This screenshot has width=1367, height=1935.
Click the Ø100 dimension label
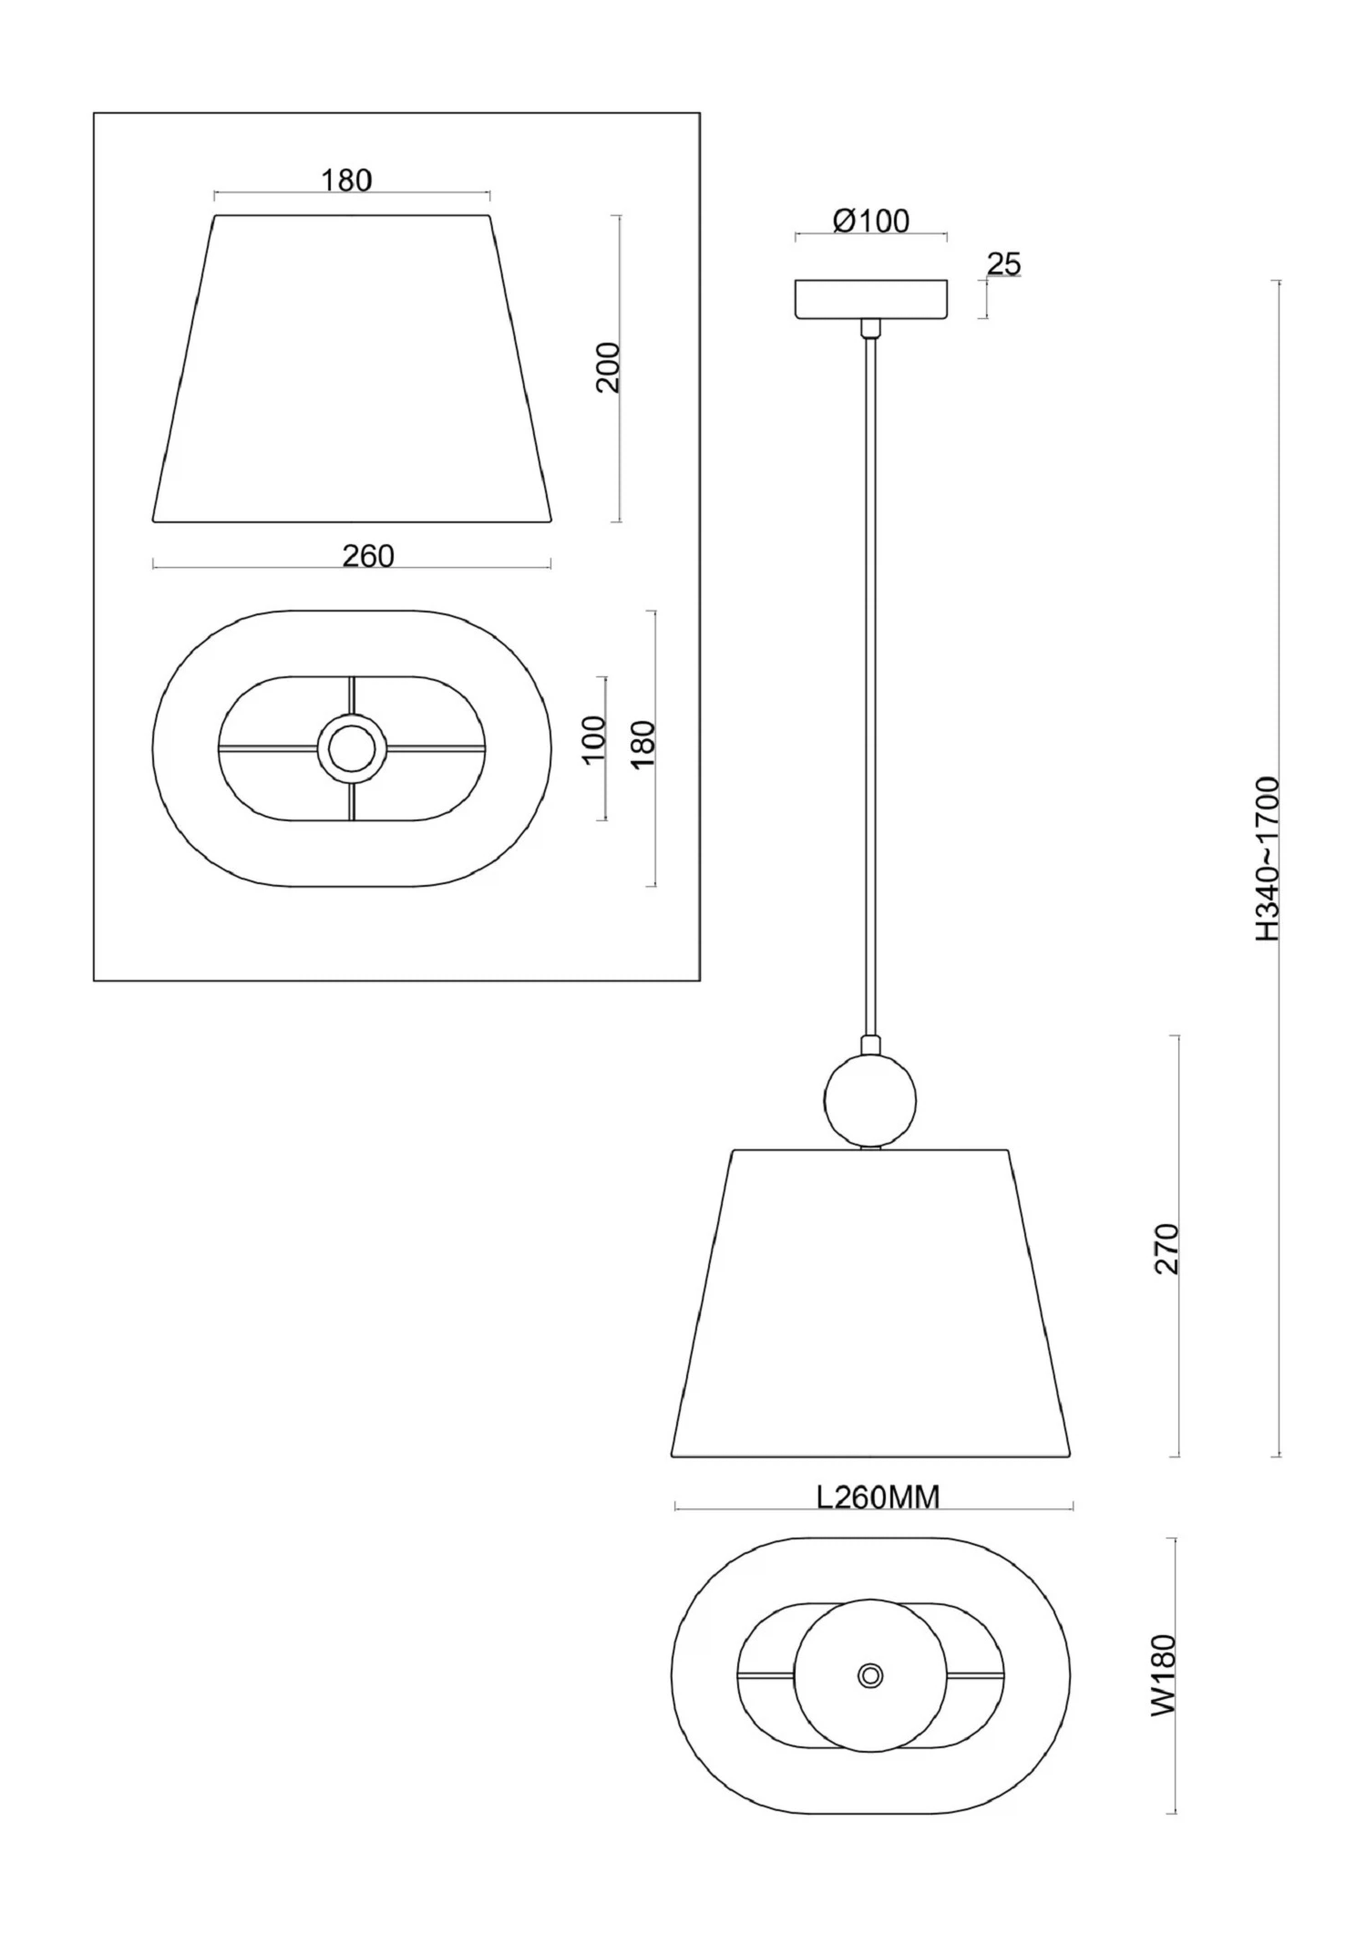tap(871, 221)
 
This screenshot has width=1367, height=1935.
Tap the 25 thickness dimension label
tap(1004, 264)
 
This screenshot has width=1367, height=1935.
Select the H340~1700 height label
tap(1268, 859)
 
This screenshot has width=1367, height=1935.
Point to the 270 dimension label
tap(1167, 1250)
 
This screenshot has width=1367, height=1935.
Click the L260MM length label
tap(878, 1497)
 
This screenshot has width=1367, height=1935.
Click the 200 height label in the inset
tap(607, 367)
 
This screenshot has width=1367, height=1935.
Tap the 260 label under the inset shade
tap(368, 555)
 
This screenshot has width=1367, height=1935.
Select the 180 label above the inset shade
tap(346, 180)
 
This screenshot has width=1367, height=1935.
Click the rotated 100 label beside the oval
tap(592, 740)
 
